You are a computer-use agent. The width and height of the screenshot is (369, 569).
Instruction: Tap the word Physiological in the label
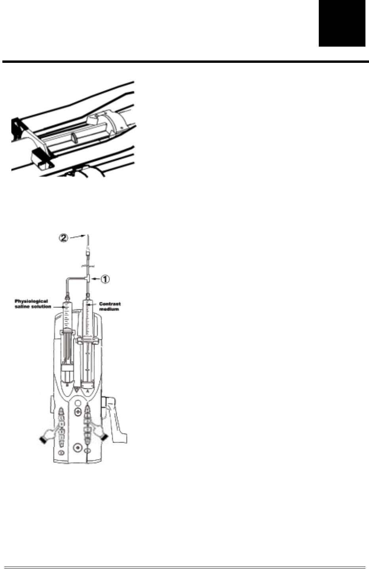(32, 301)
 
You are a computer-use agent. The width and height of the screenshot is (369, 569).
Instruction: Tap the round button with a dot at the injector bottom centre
(78, 447)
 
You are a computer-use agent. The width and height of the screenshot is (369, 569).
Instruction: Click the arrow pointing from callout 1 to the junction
(95, 279)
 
